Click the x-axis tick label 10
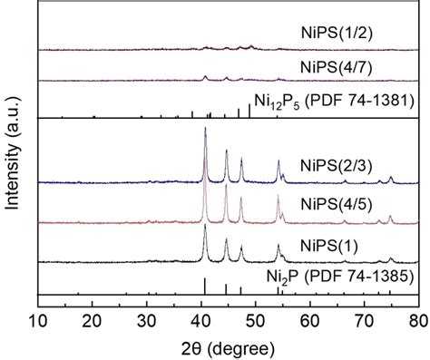coord(38,318)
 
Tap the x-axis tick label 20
coord(92,318)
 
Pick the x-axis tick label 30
coord(146,318)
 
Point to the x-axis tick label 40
coord(200,318)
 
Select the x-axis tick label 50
coord(255,318)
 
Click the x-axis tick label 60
coord(309,318)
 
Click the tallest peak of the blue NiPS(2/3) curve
coord(205,130)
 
